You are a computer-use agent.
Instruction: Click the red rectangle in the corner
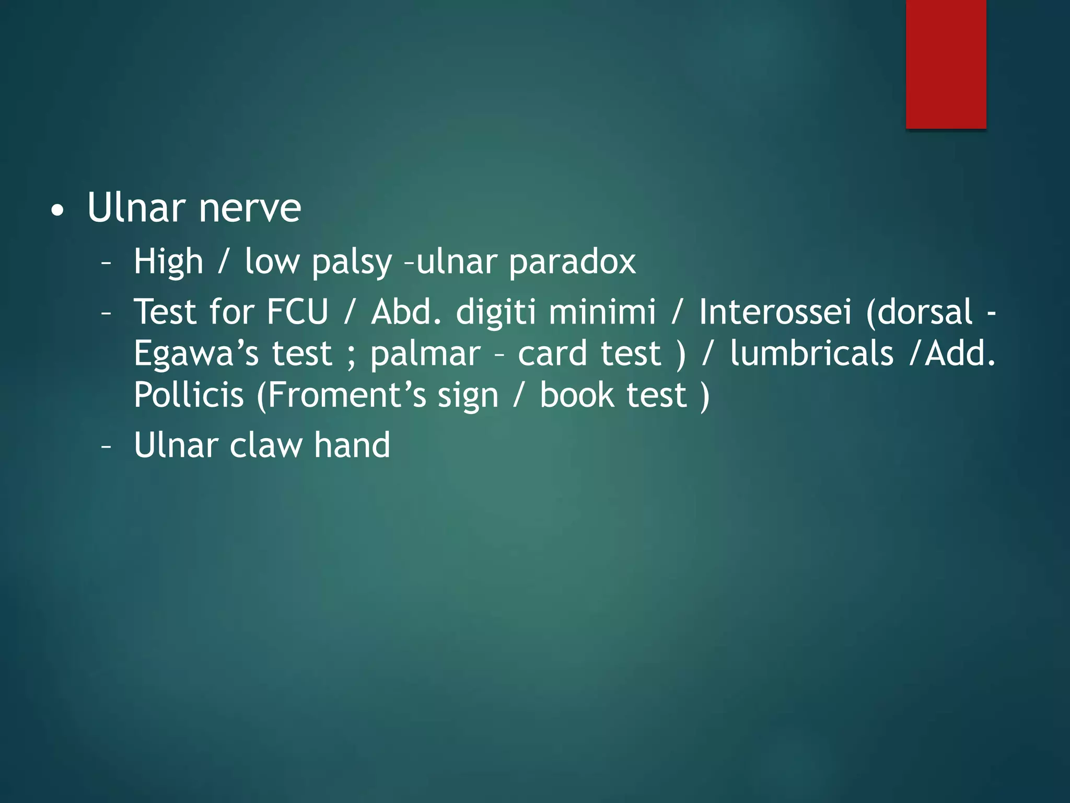pos(946,64)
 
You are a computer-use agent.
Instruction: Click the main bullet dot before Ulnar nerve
pos(58,211)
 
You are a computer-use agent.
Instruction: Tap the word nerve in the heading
pos(250,208)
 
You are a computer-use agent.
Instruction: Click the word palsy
pos(351,262)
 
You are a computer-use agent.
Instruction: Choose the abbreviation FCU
pos(297,312)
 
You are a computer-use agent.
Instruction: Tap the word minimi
pos(602,312)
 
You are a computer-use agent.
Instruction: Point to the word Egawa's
pos(196,354)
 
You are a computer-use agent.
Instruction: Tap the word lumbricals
pos(811,353)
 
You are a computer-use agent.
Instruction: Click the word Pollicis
pos(189,395)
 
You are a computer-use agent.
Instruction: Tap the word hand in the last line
pos(352,445)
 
